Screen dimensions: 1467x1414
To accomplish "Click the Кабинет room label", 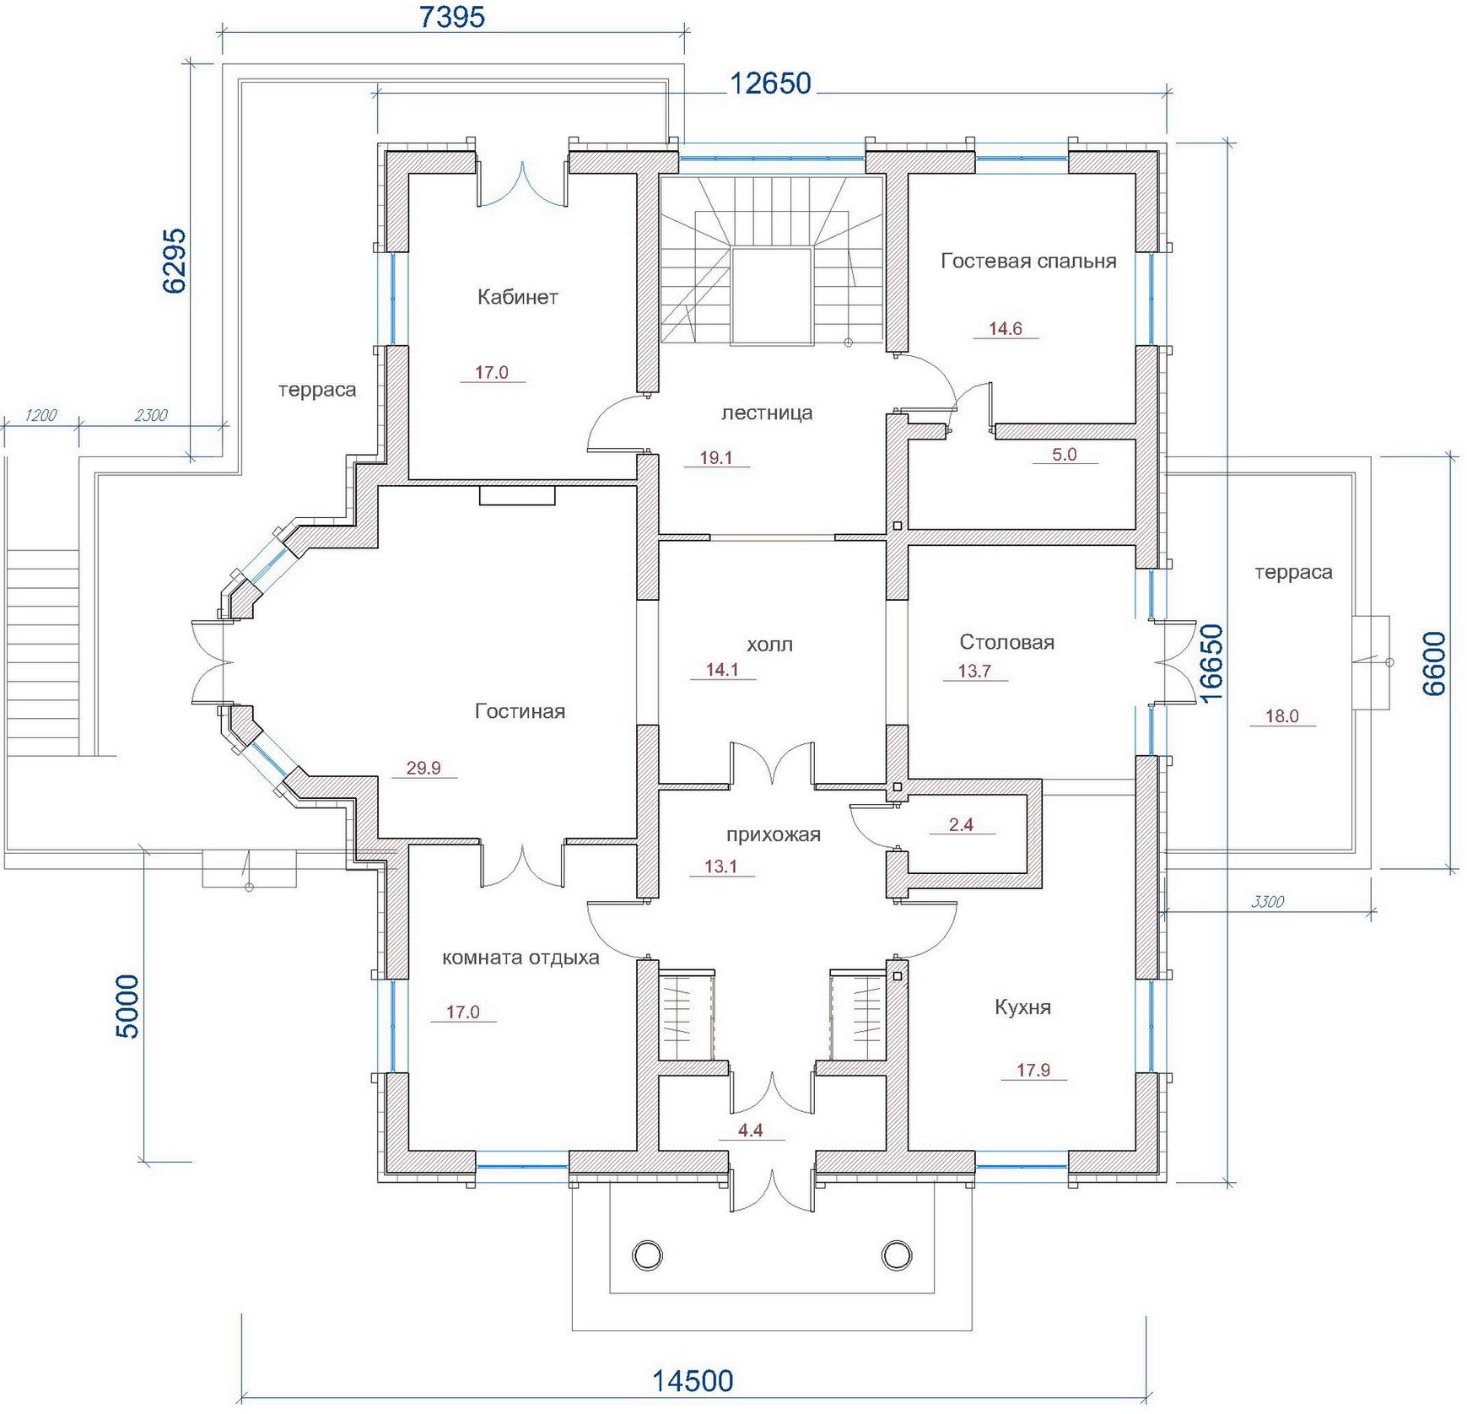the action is (517, 297).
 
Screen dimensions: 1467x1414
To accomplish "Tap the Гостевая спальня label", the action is (1028, 262).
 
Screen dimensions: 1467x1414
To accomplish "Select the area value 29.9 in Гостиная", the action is (423, 768).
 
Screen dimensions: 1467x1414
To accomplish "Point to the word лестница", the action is (767, 413).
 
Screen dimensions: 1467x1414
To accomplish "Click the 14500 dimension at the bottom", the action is (693, 1381).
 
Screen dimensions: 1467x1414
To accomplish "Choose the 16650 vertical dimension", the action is (1211, 663).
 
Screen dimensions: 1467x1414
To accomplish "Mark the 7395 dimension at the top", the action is (452, 17).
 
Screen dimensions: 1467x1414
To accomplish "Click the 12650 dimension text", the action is (770, 83).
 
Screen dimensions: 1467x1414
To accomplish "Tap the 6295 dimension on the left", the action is (174, 261).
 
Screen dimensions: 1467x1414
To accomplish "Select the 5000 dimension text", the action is (127, 1007).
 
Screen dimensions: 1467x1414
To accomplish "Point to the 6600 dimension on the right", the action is (1433, 663).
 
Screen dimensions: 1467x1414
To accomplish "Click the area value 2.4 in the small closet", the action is (961, 824).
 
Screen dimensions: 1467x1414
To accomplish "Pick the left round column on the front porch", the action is (647, 1255).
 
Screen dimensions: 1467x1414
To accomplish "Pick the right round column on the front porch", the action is (896, 1255).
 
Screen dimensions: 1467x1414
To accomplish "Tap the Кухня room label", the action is (1022, 1007).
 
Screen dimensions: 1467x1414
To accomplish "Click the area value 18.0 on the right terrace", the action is (1281, 716).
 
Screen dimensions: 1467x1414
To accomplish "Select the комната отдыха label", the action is (520, 958).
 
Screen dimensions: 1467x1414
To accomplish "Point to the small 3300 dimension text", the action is (1267, 902).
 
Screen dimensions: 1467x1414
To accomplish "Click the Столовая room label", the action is (1006, 642).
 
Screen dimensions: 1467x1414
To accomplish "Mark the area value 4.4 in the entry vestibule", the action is (750, 1131).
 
